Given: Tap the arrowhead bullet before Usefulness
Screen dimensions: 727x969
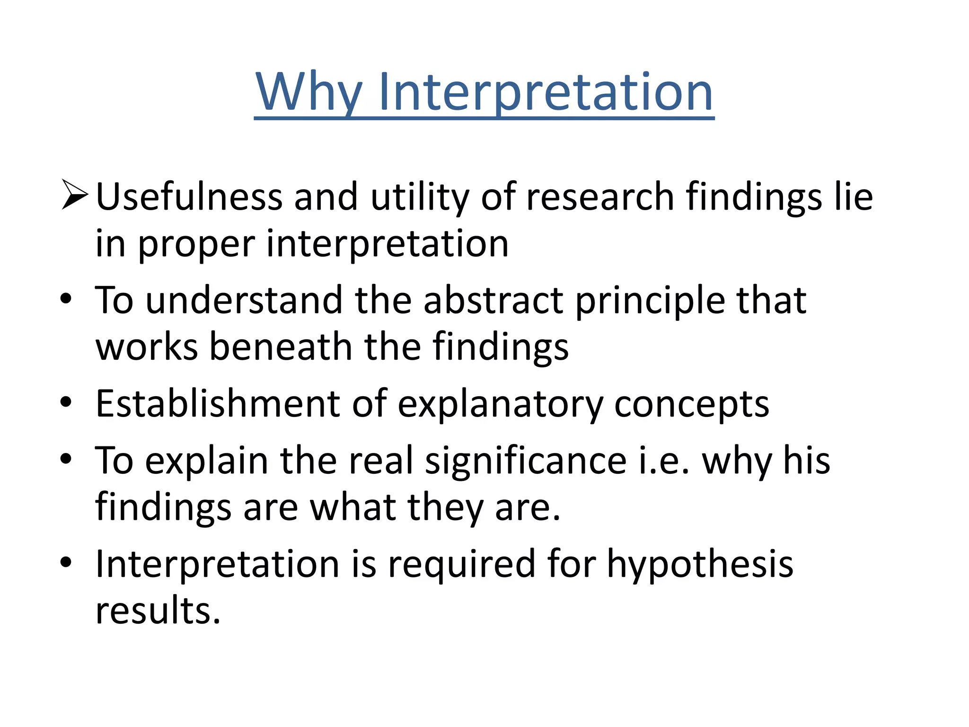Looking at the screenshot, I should coord(75,195).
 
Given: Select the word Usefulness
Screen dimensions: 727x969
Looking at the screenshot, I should coord(189,196).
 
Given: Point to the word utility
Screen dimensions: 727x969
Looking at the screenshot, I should coord(420,197).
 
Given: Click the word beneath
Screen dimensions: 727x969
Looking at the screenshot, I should coord(281,346).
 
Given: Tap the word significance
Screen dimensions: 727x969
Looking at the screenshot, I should coord(525,461).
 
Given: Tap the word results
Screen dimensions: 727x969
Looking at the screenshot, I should coord(158,610).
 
